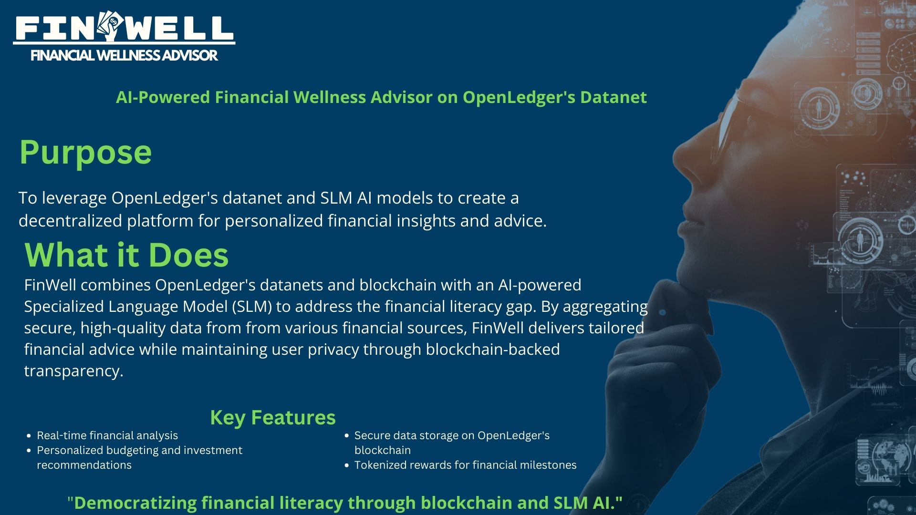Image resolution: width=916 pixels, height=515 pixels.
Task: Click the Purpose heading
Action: coord(85,153)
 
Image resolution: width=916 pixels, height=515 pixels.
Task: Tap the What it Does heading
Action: coord(126,255)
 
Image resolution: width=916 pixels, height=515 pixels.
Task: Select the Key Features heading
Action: coord(273,418)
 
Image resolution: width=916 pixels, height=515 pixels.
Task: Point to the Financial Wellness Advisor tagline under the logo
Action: coord(124,56)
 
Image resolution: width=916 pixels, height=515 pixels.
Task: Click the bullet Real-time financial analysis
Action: coord(107,435)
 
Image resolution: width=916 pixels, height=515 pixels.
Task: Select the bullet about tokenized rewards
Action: coord(465,465)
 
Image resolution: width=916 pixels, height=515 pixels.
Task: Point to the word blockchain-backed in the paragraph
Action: coord(493,350)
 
